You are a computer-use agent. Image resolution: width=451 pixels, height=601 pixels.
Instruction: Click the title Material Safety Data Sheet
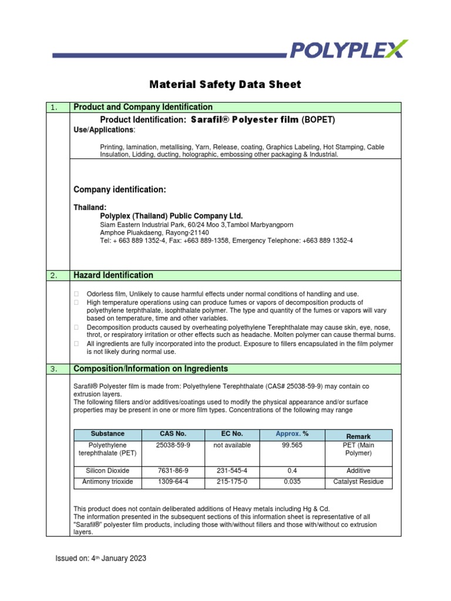[225, 85]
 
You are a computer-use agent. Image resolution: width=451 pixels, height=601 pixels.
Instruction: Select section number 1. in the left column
[53, 107]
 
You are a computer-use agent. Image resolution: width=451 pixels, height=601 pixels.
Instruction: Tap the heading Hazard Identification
[113, 275]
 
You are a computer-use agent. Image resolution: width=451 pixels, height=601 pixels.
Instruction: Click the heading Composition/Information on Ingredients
[150, 369]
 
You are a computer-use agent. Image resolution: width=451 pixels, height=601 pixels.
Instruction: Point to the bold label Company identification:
[120, 189]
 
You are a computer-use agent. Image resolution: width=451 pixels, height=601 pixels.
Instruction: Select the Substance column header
[107, 434]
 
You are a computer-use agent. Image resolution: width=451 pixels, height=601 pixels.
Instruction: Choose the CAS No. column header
[173, 434]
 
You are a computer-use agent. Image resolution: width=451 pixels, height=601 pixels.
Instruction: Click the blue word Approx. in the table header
[288, 434]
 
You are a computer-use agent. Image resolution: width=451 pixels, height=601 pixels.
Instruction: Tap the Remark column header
[358, 437]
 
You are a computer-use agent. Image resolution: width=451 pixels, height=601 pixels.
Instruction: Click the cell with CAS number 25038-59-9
[173, 445]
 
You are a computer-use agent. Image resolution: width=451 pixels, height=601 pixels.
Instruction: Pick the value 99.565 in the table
[292, 445]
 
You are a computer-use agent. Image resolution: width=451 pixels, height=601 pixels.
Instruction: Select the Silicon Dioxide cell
[107, 471]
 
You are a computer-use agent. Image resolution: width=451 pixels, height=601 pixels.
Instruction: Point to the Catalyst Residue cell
[358, 482]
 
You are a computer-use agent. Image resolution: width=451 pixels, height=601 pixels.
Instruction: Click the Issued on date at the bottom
[100, 559]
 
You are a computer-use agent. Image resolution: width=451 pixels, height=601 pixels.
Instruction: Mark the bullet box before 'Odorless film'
[76, 293]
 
